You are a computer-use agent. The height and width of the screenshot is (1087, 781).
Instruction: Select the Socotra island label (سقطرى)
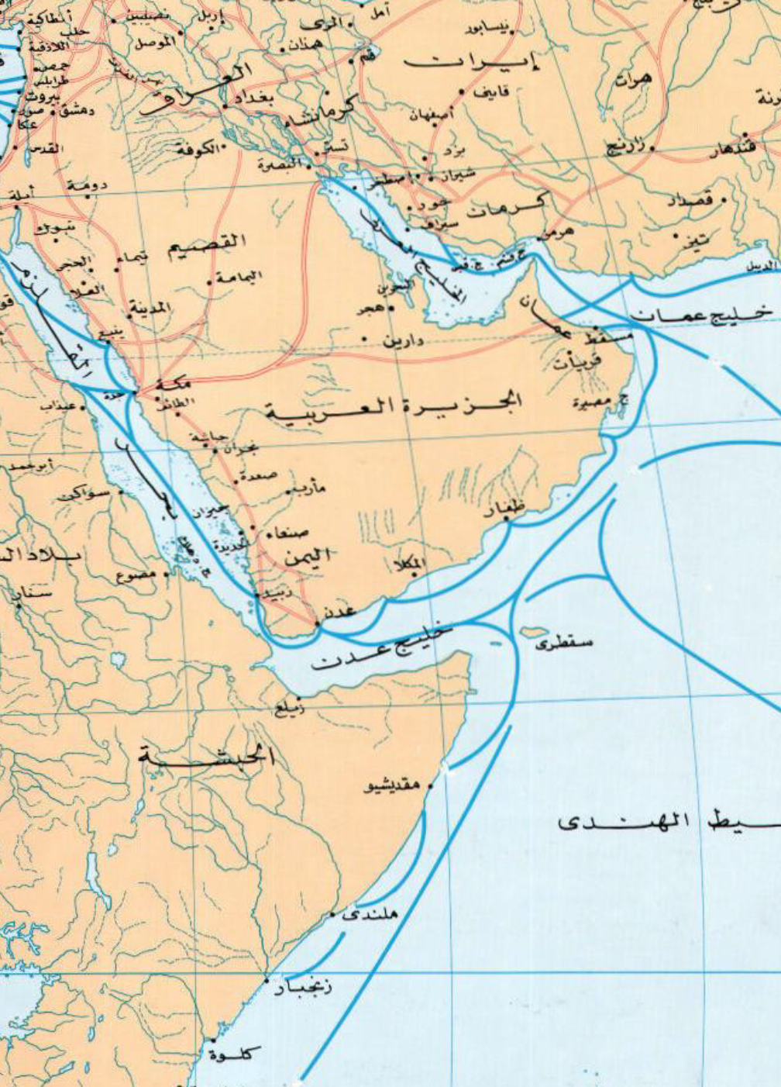[572, 643]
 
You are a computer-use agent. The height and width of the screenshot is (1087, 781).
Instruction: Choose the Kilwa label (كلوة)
[236, 1054]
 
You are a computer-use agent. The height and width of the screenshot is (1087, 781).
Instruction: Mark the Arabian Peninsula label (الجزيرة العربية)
[395, 405]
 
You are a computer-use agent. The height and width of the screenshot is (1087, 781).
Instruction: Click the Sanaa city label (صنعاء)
[287, 533]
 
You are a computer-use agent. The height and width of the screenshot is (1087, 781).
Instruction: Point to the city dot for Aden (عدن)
[316, 623]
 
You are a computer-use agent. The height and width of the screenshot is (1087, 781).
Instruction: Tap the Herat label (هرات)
[634, 78]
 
